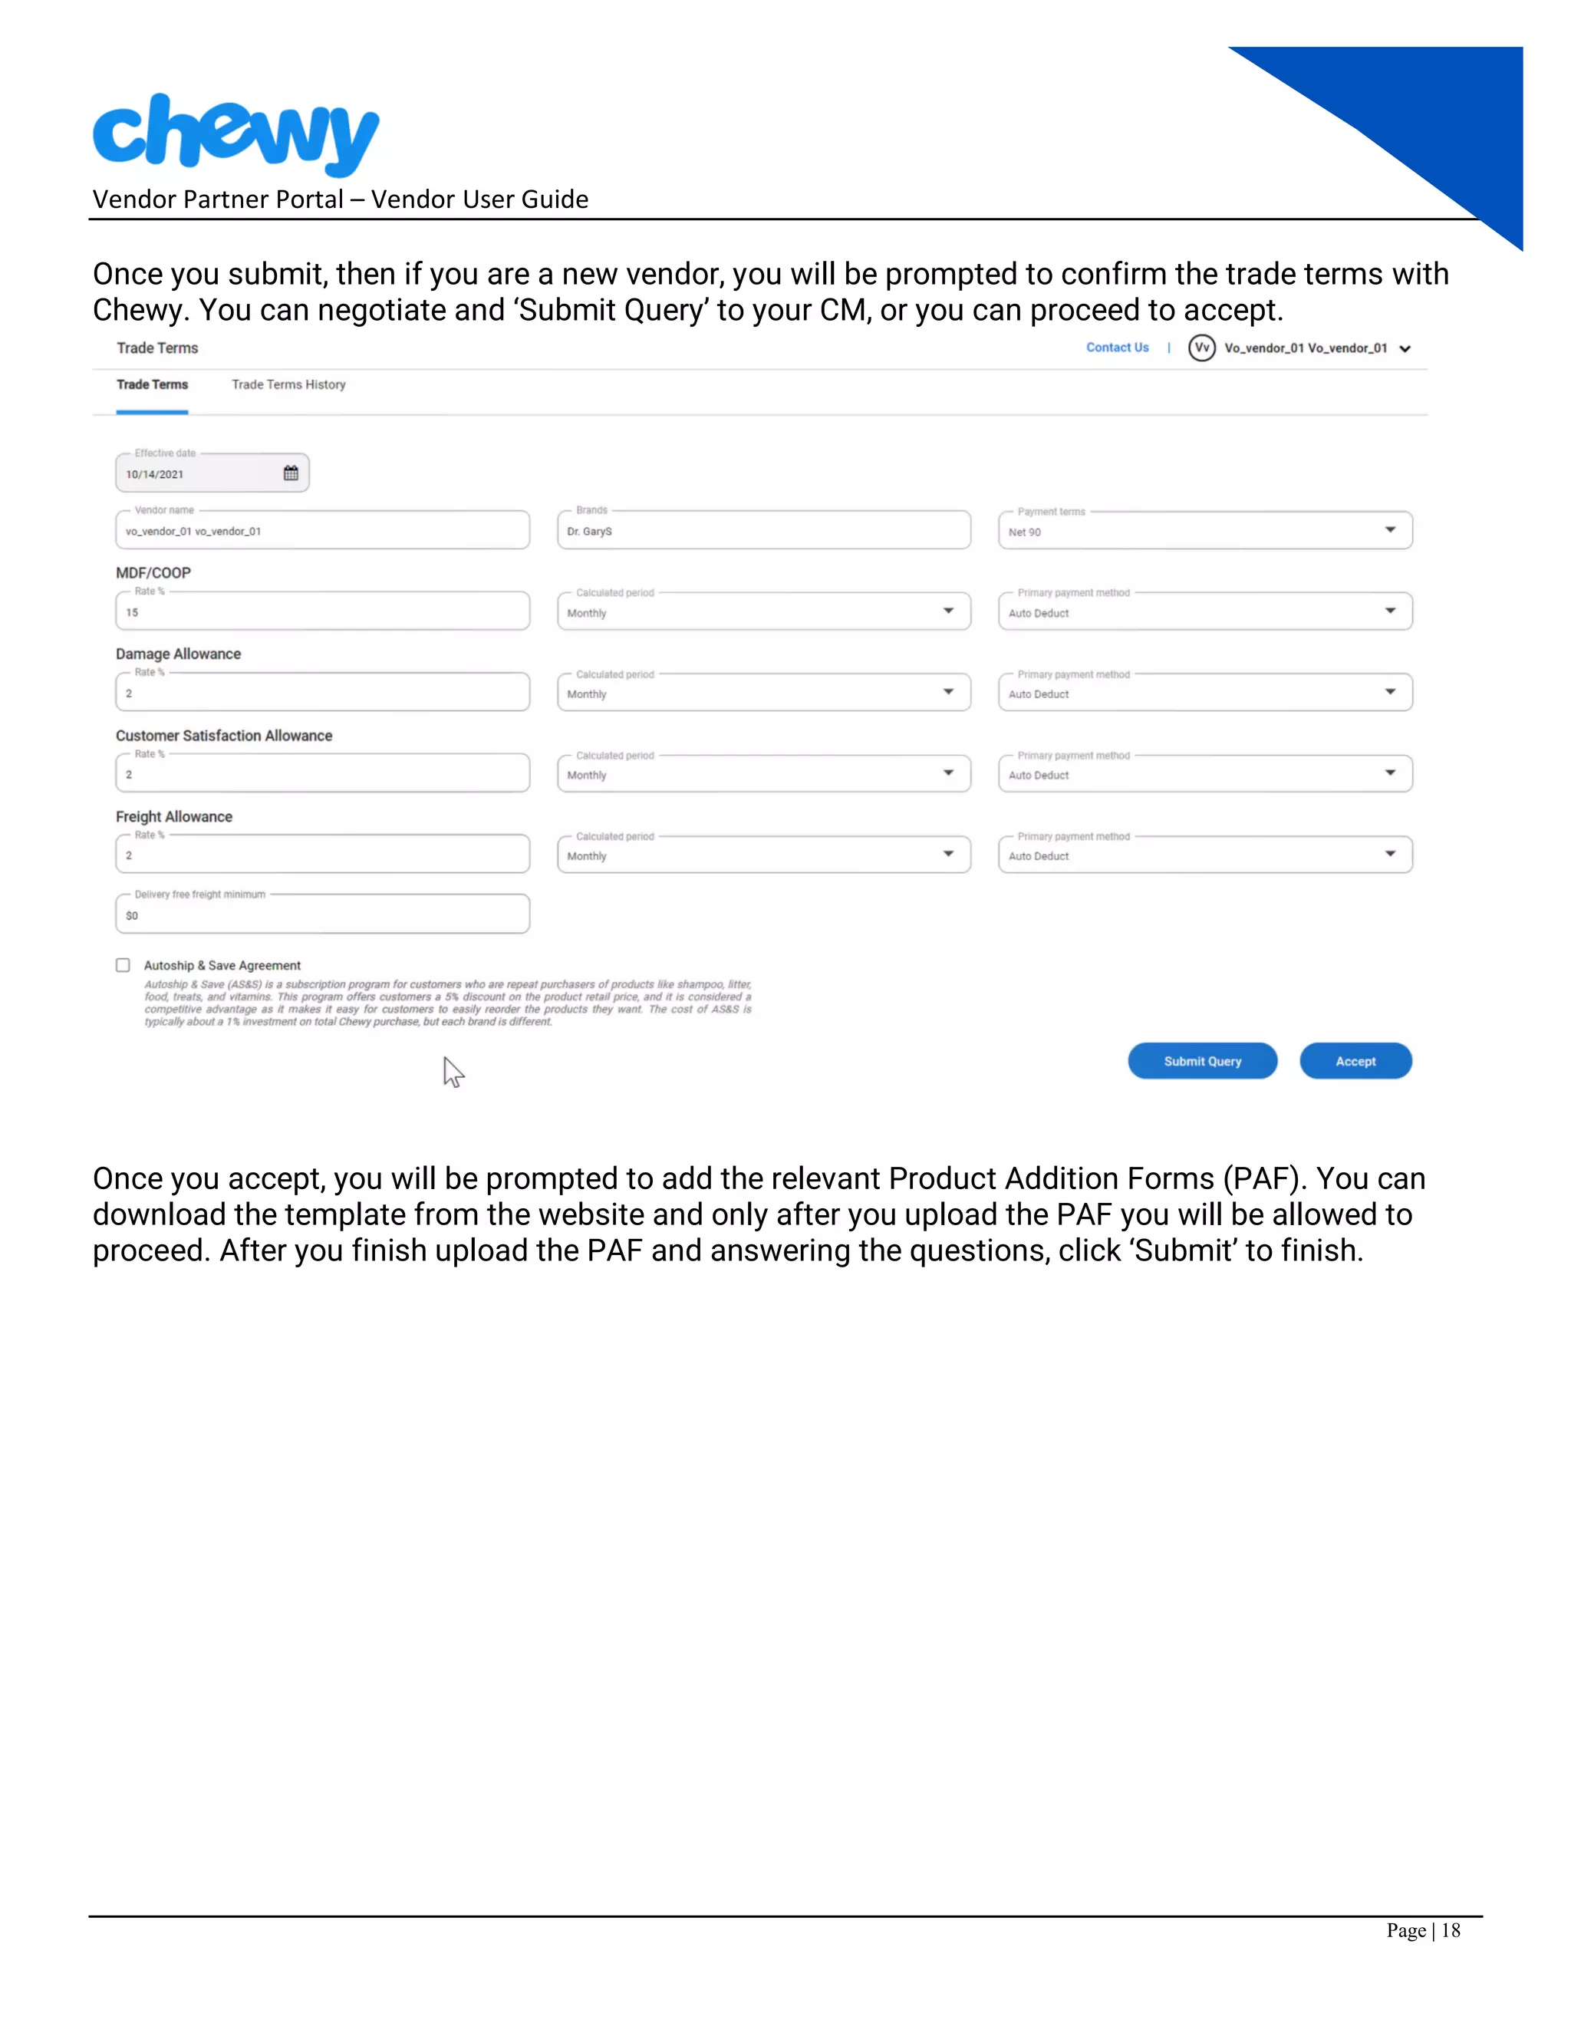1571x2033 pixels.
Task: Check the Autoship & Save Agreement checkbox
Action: (x=123, y=965)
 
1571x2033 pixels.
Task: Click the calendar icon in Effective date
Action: (x=291, y=474)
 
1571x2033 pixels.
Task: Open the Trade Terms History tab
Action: (x=288, y=384)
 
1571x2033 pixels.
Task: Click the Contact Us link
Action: (x=1117, y=348)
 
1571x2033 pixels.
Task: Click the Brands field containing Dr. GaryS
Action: (x=763, y=531)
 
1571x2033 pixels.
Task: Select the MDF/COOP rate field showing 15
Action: (x=322, y=612)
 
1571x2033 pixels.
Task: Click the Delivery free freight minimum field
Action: (x=322, y=915)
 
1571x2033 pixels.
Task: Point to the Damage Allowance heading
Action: (x=179, y=654)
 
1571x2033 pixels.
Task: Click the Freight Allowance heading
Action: (x=174, y=817)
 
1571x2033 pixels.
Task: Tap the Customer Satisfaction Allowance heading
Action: (x=223, y=736)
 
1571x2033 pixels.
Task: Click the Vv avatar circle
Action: (x=1201, y=348)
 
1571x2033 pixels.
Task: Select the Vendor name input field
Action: (x=322, y=531)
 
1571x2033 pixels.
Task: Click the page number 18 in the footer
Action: (x=1450, y=1931)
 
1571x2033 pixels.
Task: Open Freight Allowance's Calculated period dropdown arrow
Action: (x=948, y=855)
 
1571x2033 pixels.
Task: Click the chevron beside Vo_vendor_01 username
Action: (x=1405, y=349)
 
